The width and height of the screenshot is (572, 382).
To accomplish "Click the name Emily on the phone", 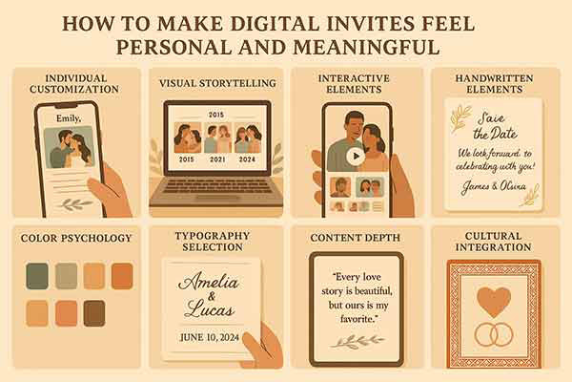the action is pos(69,118).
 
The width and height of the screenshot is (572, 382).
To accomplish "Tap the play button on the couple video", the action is pos(356,157).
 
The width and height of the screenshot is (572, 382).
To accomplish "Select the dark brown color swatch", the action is pos(94,313).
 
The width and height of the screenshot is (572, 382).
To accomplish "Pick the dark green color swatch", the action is pos(37,276).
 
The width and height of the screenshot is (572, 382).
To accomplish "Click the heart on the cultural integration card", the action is pos(494,302).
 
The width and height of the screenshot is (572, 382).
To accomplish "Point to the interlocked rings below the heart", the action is pos(494,334).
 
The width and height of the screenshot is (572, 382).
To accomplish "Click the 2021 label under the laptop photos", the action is pos(217,159).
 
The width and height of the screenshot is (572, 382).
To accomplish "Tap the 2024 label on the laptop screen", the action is pos(247,159).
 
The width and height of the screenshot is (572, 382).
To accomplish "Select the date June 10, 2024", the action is pos(210,337).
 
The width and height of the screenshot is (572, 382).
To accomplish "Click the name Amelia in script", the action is pos(208,282).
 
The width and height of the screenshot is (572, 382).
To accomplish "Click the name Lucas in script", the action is pos(209,309).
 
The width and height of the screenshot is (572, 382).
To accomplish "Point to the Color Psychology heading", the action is pos(76,239).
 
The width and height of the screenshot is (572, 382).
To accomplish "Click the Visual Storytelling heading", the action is pos(217,83).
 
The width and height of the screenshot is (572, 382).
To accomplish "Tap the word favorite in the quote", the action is pos(357,319).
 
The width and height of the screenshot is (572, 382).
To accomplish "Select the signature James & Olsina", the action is pos(494,186).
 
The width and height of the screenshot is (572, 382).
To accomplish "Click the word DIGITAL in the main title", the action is pos(276,24).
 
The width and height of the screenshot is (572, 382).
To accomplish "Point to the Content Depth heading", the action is pos(355,238).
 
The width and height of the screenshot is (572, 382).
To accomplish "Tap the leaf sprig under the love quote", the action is pos(357,342).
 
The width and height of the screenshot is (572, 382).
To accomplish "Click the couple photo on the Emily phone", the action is pos(70,147).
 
